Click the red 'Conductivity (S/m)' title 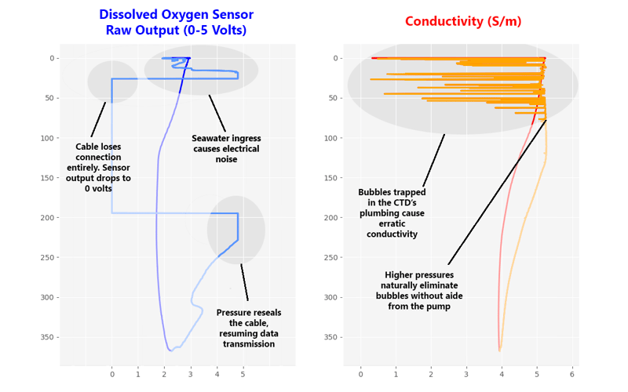click(x=462, y=21)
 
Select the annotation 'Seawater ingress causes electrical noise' click(x=225, y=149)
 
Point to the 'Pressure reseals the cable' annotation click(x=248, y=328)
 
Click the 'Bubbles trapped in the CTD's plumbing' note click(x=392, y=213)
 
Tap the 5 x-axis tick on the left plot click(x=243, y=375)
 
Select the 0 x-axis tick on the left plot click(x=111, y=375)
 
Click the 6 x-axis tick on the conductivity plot click(x=572, y=375)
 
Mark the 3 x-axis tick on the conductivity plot click(x=466, y=375)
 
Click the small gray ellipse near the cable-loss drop click(x=112, y=82)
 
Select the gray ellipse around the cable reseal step click(x=236, y=230)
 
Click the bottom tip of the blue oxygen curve click(x=170, y=350)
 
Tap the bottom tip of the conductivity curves click(x=499, y=350)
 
